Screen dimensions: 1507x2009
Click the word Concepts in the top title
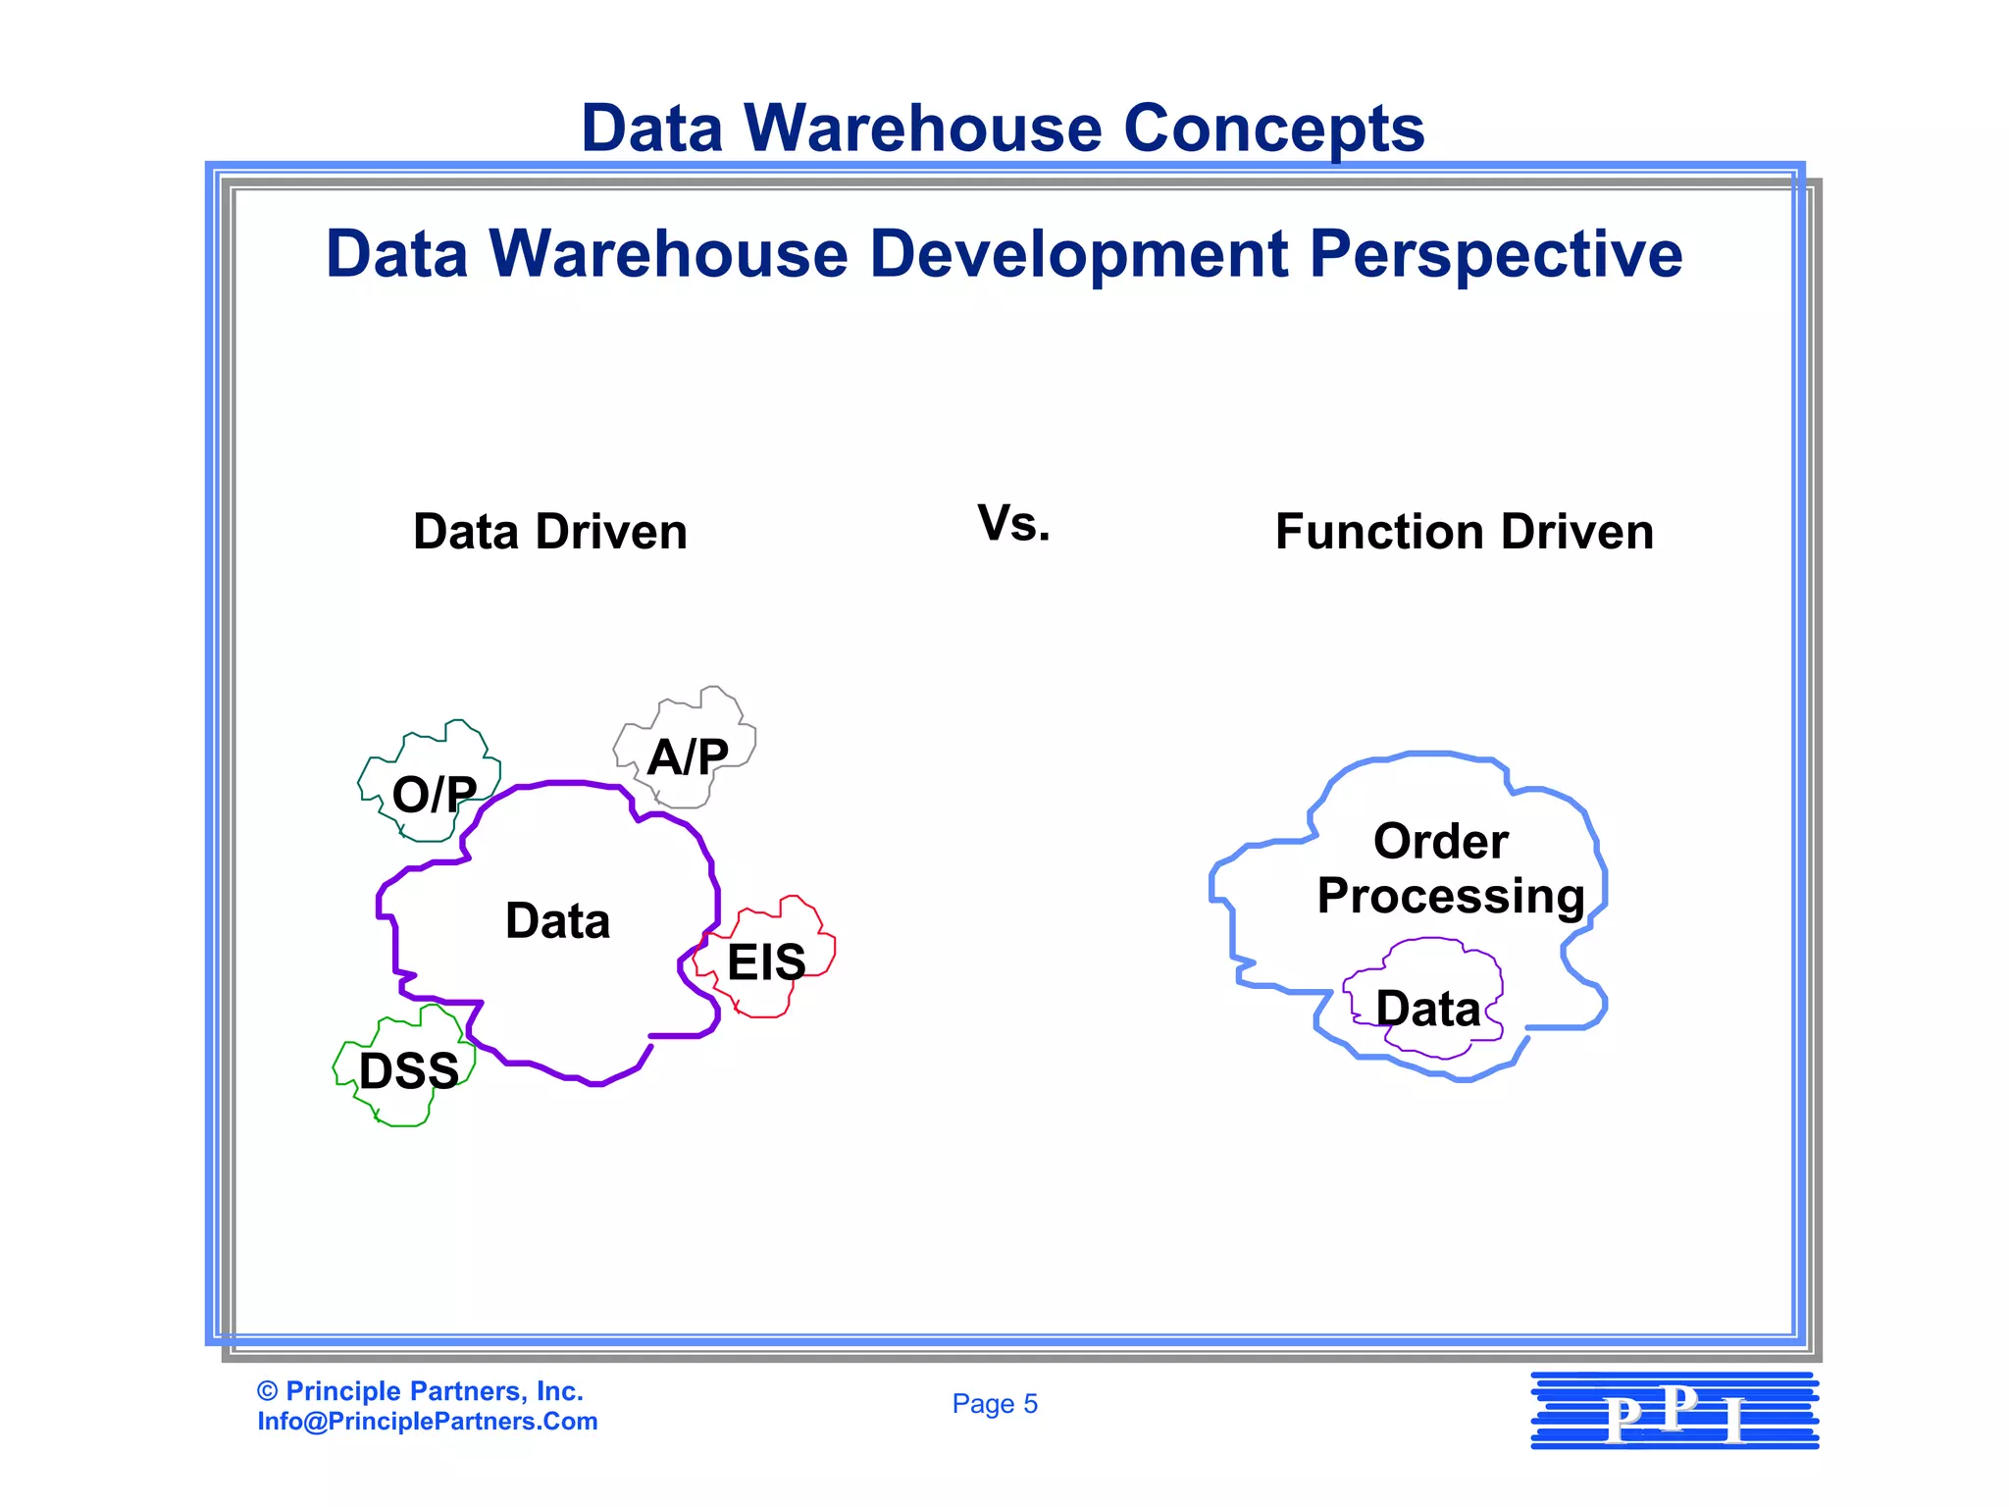1273,129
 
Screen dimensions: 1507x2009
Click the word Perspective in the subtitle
1496,255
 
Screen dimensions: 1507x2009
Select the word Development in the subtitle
1078,255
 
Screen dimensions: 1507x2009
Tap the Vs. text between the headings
1013,524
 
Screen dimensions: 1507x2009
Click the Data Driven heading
550,532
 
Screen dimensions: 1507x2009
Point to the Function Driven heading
1464,532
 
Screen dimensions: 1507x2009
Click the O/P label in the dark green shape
435,794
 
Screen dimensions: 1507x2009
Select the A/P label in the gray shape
688,757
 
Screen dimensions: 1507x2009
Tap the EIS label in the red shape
766,961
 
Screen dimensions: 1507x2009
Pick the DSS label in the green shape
409,1070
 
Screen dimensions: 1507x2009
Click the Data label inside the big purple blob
557,921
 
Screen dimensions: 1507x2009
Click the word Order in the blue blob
1440,841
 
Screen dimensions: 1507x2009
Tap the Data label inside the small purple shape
1427,1009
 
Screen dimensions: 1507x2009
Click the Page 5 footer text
995,1404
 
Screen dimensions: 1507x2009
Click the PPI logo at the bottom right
1674,1411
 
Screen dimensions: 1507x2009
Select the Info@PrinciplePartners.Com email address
428,1422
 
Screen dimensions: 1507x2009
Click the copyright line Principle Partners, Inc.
421,1391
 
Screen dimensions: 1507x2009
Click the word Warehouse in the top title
922,129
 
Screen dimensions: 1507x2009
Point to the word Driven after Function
1576,532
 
